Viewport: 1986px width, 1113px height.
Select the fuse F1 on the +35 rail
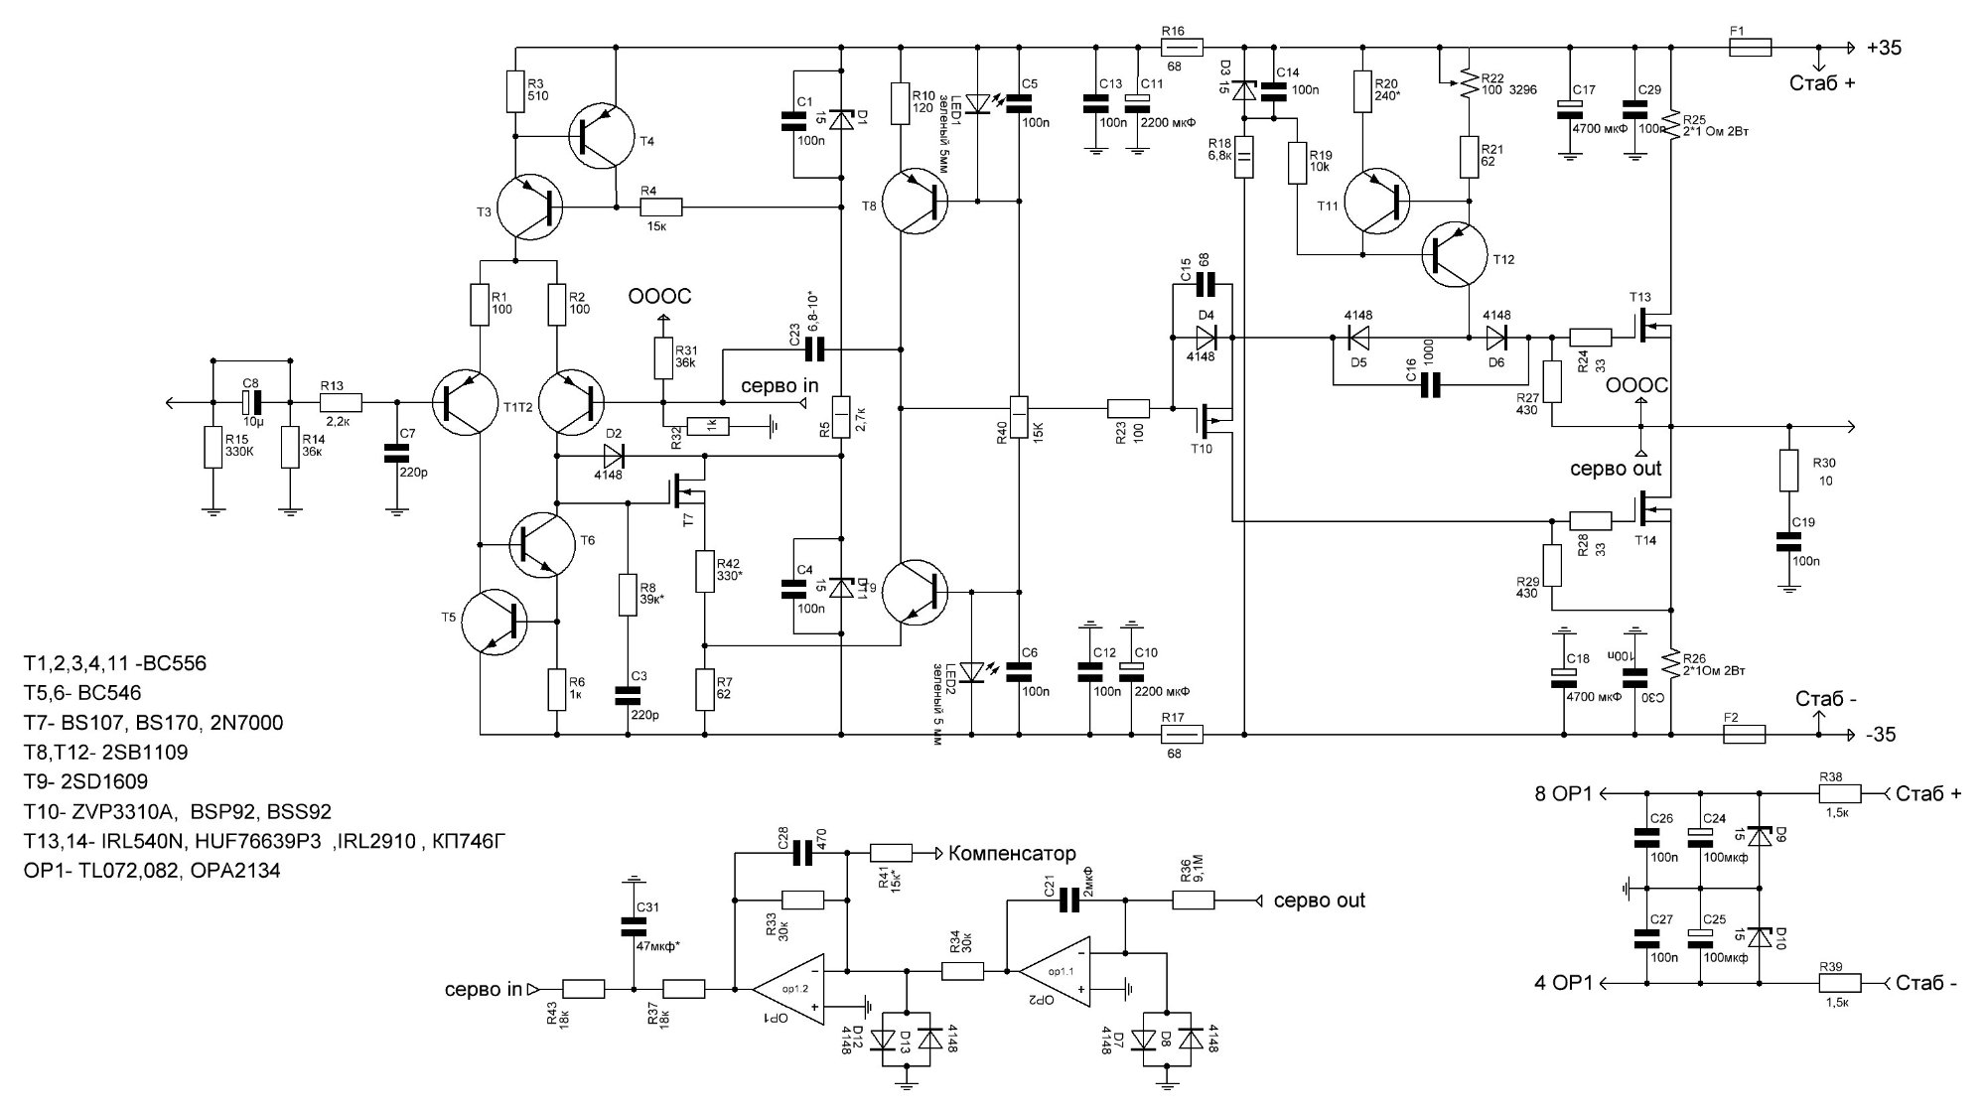click(1751, 48)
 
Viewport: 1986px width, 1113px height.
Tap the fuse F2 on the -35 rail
click(1743, 735)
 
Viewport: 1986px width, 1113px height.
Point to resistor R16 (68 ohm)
click(1183, 47)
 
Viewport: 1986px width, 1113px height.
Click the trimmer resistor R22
click(1467, 89)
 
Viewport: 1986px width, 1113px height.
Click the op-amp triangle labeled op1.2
click(787, 989)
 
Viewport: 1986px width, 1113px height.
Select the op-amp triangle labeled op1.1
click(1055, 969)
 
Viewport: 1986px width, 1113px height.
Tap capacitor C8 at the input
click(252, 402)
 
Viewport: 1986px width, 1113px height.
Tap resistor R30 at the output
click(1788, 471)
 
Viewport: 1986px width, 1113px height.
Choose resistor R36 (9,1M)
click(1194, 901)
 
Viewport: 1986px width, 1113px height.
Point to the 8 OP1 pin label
click(1563, 794)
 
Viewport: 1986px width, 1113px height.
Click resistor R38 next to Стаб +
click(1840, 793)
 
